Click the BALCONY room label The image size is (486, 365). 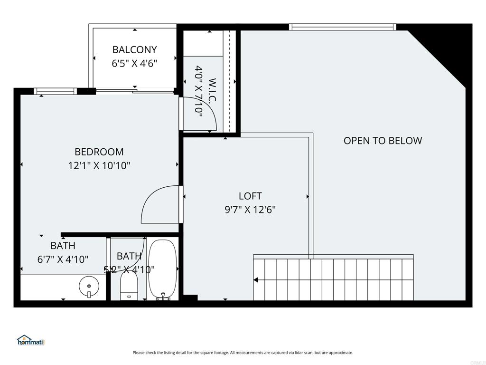pyautogui.click(x=134, y=49)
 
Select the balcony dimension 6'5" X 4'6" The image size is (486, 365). pyautogui.click(x=134, y=63)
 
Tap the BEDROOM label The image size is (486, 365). pyautogui.click(x=99, y=152)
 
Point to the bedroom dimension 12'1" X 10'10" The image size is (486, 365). pyautogui.click(x=99, y=166)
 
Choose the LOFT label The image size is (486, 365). pyautogui.click(x=250, y=196)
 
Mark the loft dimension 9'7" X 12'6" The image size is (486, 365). pyautogui.click(x=250, y=210)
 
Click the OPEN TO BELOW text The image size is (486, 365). pyautogui.click(x=383, y=141)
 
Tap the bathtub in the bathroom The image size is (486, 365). pyautogui.click(x=162, y=269)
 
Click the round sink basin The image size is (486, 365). pyautogui.click(x=89, y=286)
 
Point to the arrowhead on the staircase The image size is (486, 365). pyautogui.click(x=256, y=280)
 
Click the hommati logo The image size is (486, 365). pyautogui.click(x=30, y=340)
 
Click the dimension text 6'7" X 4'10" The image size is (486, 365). pyautogui.click(x=63, y=259)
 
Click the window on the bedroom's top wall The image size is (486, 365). pyautogui.click(x=55, y=91)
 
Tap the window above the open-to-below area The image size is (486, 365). pyautogui.click(x=342, y=27)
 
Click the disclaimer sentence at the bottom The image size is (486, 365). pyautogui.click(x=243, y=353)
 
